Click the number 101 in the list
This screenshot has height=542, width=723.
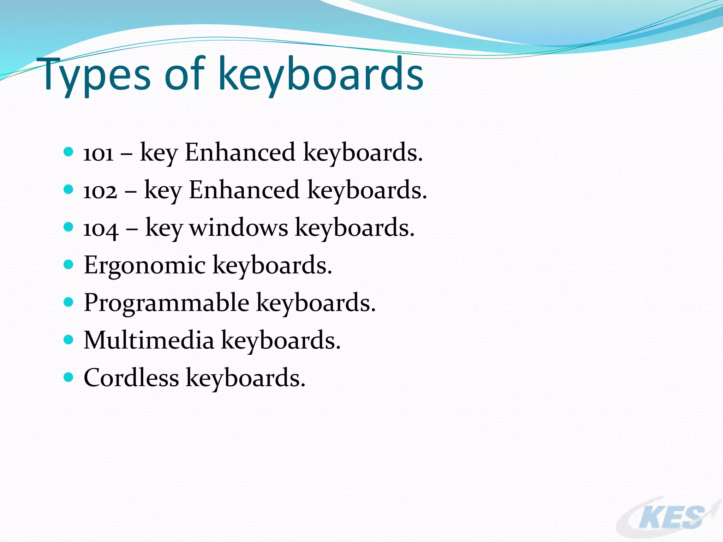[x=98, y=153]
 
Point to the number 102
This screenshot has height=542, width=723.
[x=100, y=191]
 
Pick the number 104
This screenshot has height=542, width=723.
[x=100, y=229]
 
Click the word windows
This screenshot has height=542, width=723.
[x=239, y=228]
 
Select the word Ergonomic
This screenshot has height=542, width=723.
[x=144, y=265]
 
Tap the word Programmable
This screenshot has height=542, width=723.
[x=166, y=303]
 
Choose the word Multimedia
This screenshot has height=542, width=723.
[x=149, y=340]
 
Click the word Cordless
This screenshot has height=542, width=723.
[x=131, y=378]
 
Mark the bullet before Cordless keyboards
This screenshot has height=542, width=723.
[x=68, y=377]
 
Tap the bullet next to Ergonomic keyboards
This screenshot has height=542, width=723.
[x=68, y=264]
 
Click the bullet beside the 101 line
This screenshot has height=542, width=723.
[x=68, y=152]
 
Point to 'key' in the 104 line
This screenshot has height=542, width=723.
[x=163, y=228]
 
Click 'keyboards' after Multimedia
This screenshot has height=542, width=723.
[x=281, y=340]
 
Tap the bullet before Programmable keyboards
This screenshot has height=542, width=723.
[x=68, y=302]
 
